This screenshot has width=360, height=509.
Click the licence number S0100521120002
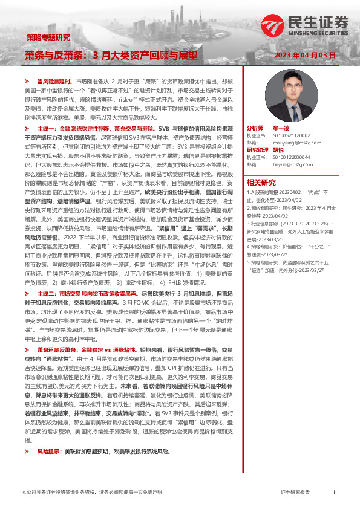click(x=293, y=136)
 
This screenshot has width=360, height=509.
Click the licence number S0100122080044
click(x=293, y=157)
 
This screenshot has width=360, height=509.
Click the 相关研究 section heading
click(x=261, y=183)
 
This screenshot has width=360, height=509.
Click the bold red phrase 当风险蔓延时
click(x=55, y=80)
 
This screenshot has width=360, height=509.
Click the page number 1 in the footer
click(x=334, y=493)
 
